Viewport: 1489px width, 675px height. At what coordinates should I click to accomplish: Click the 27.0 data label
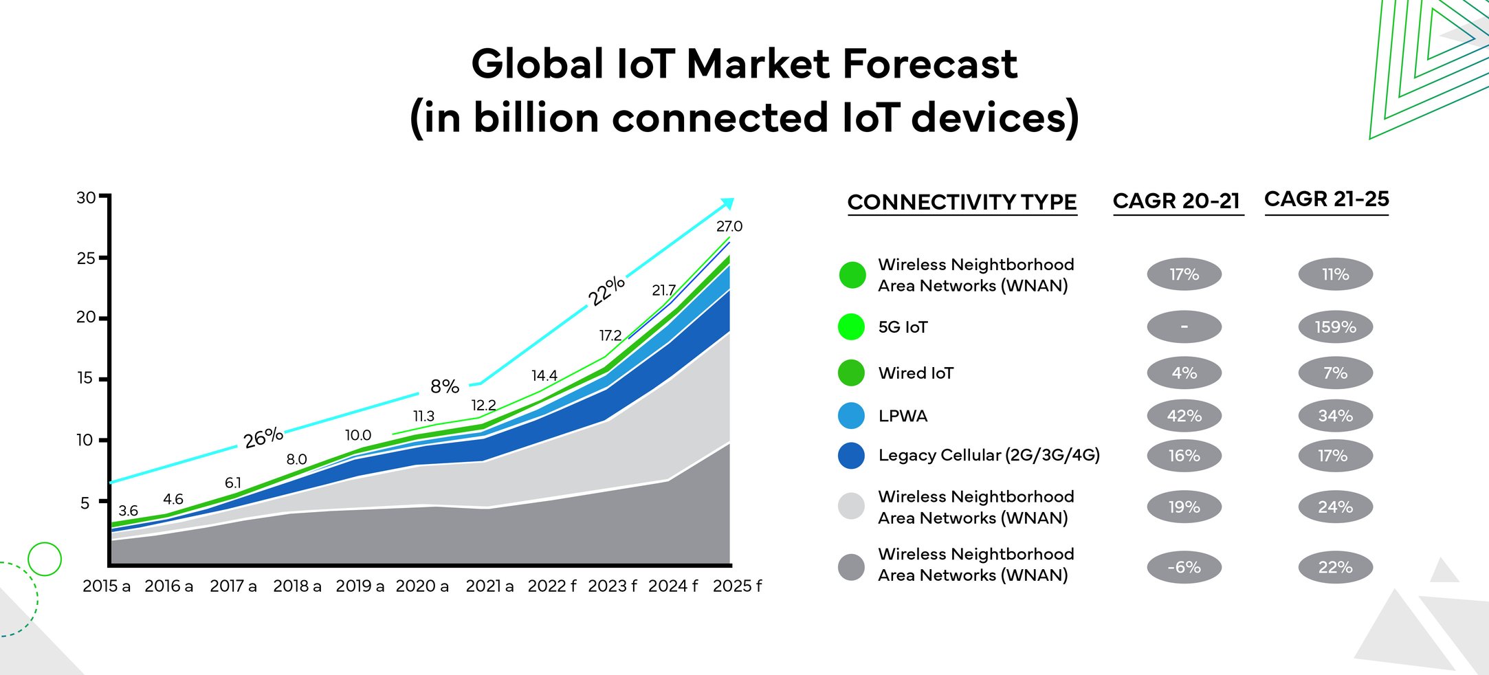click(x=729, y=226)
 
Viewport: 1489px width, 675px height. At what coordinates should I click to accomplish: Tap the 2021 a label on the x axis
click(x=489, y=586)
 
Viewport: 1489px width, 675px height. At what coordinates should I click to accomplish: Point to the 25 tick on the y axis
click(x=86, y=258)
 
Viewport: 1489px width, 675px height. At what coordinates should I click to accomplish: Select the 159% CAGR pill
click(x=1335, y=327)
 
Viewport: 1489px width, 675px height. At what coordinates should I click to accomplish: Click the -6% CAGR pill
click(x=1184, y=568)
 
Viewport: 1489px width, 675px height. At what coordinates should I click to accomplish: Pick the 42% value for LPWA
click(x=1184, y=416)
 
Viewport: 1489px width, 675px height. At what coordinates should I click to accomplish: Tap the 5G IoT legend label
click(x=903, y=327)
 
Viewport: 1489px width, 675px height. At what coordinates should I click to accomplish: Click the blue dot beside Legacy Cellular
click(x=851, y=456)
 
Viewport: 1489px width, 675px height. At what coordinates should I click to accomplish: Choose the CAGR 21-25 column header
click(x=1326, y=199)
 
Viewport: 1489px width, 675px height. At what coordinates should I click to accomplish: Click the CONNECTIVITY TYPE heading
click(x=962, y=203)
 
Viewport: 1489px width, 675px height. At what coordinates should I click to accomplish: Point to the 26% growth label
click(x=263, y=437)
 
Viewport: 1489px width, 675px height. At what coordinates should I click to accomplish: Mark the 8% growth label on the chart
click(x=444, y=386)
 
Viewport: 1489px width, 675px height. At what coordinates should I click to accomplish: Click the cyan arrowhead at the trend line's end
click(x=728, y=203)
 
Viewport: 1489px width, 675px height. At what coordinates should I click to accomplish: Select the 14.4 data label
click(x=544, y=376)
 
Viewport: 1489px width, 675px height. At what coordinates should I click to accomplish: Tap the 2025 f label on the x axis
click(x=737, y=586)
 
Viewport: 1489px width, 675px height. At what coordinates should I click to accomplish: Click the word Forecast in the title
click(x=929, y=64)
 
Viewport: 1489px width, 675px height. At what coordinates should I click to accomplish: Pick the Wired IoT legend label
click(x=916, y=373)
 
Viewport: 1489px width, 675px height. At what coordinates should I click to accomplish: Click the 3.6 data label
click(x=128, y=511)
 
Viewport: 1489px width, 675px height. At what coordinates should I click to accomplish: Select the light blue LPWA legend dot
click(x=851, y=416)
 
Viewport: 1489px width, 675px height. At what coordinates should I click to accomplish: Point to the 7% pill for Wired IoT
click(x=1335, y=373)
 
